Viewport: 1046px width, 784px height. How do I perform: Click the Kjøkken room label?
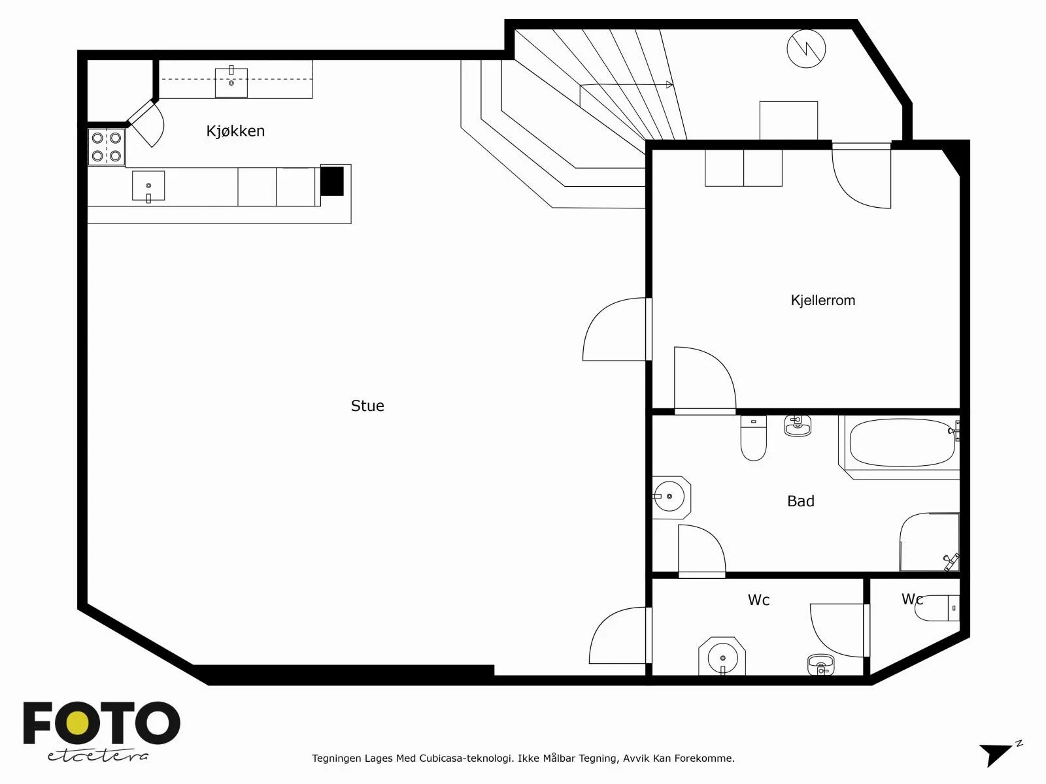235,131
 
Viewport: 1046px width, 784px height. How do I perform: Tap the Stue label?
367,406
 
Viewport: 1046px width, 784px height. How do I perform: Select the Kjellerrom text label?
823,301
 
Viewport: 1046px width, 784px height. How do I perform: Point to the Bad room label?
801,500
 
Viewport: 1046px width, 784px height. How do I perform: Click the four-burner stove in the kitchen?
107,147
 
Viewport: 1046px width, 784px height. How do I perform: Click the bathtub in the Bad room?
902,443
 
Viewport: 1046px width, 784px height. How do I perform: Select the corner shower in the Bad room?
929,542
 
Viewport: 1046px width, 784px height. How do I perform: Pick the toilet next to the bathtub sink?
753,438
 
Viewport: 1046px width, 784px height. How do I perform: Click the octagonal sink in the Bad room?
671,497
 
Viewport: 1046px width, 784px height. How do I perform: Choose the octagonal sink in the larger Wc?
722,657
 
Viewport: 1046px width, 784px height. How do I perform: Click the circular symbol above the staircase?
806,49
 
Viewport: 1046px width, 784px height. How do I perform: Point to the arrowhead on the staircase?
669,85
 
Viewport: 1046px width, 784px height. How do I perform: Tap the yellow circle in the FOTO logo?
80,723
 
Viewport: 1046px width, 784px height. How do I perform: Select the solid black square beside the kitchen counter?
332,181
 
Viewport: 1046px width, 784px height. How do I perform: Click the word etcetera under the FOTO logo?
97,756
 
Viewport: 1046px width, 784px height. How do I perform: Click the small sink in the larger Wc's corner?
821,664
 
